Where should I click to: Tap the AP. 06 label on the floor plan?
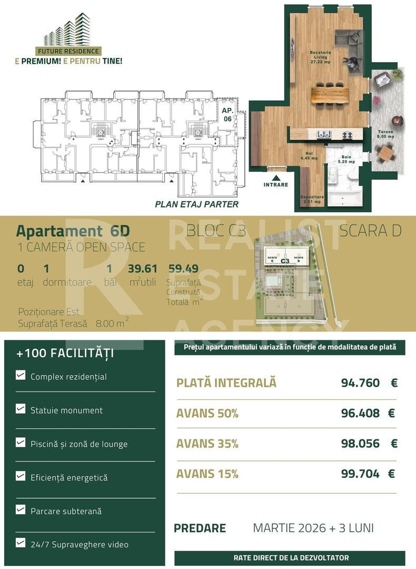click(x=227, y=114)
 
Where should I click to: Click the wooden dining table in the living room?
click(x=330, y=95)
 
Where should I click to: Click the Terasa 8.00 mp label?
click(x=386, y=134)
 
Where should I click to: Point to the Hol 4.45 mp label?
click(x=309, y=155)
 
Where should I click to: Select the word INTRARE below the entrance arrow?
click(x=276, y=185)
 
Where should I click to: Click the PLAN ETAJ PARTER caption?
click(x=196, y=204)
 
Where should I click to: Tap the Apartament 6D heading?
click(x=73, y=231)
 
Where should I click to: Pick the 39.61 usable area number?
click(x=143, y=269)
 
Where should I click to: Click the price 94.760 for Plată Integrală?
click(x=360, y=382)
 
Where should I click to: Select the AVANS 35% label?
click(x=207, y=444)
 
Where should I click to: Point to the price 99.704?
click(x=360, y=474)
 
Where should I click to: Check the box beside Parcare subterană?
click(x=21, y=509)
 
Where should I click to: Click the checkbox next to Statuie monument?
click(x=21, y=409)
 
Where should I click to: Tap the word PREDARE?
click(x=200, y=528)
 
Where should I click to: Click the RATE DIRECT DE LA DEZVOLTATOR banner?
click(x=290, y=557)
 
